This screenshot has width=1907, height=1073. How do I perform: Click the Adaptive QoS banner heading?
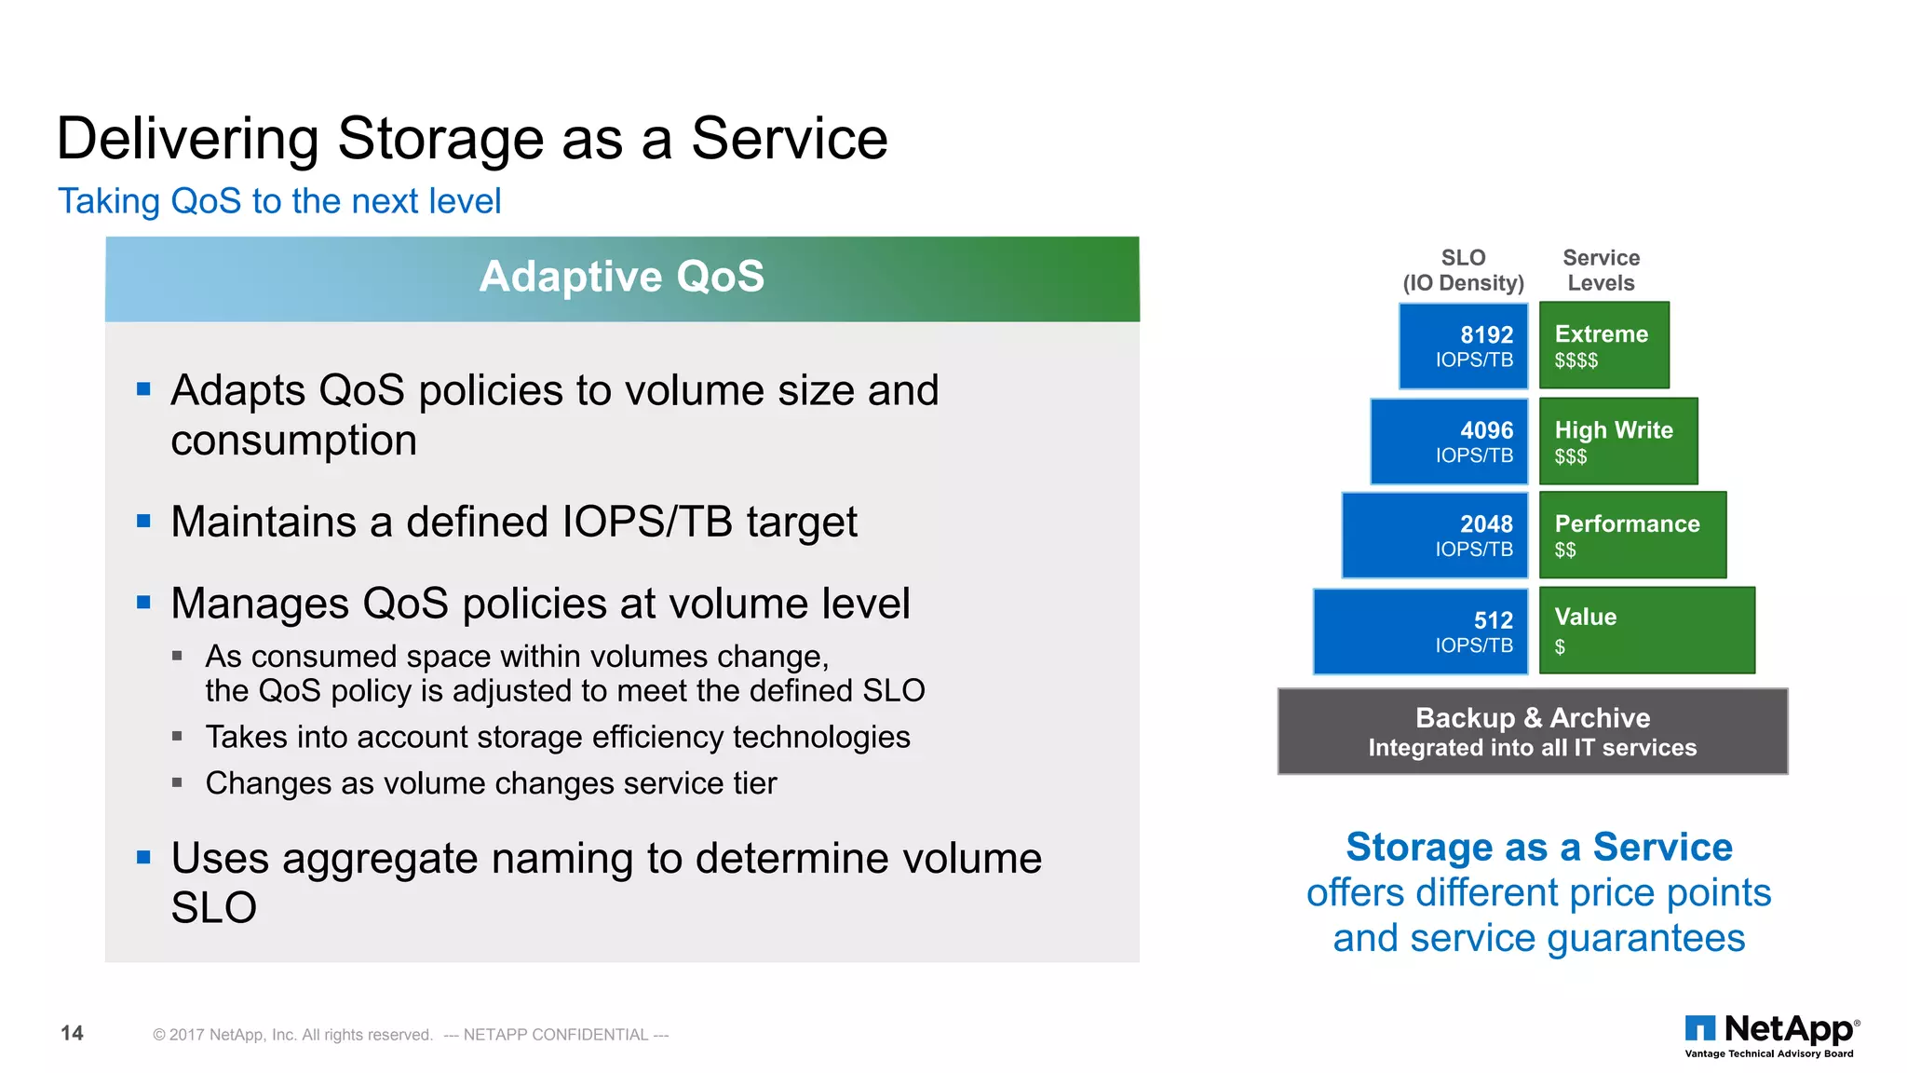621,278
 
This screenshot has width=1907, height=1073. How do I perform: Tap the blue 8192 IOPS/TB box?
1463,346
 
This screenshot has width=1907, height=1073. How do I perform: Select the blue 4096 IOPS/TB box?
1449,441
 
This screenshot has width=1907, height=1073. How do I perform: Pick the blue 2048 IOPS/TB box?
1435,536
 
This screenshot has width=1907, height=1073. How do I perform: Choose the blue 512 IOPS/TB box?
1421,632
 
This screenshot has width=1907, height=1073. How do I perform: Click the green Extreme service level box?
1603,346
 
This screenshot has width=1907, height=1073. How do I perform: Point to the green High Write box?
1617,441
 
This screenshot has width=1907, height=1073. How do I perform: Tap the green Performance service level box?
1632,536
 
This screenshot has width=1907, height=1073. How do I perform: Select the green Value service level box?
1646,631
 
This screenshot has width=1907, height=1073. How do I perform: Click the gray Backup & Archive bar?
1532,731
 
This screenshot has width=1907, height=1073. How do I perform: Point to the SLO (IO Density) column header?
1463,270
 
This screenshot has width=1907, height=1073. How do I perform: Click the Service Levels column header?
1601,270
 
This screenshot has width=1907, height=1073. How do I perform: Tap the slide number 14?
72,1033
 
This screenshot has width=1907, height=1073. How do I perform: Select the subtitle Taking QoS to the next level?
279,201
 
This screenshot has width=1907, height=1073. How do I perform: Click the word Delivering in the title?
187,139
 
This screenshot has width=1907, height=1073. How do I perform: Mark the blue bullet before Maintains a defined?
143,521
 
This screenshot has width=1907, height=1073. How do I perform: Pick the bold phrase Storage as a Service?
1538,847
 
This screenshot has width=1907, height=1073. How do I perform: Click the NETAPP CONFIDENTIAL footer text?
556,1035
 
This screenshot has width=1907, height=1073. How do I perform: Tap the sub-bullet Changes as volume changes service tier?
491,783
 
